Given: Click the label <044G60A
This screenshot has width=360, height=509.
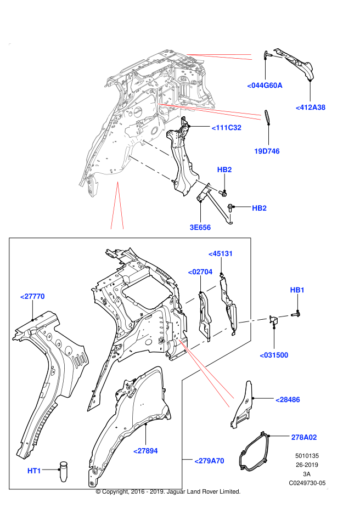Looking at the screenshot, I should [265, 86].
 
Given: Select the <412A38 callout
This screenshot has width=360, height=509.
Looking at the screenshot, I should [311, 108].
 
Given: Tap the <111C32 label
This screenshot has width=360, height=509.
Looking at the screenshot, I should [226, 128].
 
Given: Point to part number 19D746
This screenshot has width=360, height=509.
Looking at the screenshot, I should [267, 151].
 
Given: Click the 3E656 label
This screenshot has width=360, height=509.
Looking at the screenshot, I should [200, 228].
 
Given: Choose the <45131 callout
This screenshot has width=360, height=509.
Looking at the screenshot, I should [221, 254].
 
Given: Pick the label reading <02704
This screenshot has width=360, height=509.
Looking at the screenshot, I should [200, 272].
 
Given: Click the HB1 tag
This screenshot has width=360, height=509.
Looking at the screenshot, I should [297, 290].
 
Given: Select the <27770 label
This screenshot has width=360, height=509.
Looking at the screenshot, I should [32, 297].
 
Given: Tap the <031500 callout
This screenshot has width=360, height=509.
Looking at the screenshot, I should [274, 355].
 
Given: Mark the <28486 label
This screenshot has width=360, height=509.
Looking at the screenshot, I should [288, 400].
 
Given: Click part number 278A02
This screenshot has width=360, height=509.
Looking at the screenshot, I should [303, 438].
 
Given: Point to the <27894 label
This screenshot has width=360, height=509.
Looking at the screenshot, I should [145, 451].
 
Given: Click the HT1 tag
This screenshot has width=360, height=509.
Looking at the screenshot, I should [34, 471].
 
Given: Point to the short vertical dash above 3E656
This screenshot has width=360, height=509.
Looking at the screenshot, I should [230, 218].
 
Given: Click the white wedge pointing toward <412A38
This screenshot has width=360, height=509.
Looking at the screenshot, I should [220, 111].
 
